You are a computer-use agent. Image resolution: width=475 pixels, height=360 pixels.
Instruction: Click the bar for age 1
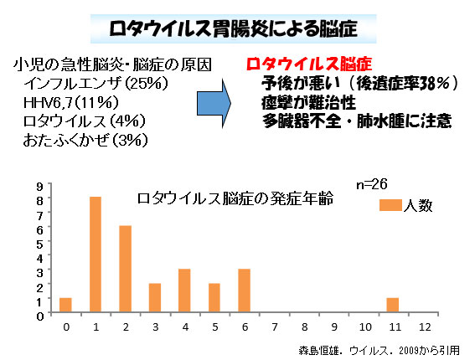tap(96, 255)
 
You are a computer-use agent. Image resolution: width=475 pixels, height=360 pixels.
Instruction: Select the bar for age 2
tap(125, 269)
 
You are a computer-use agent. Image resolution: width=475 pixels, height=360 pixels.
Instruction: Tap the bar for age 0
tap(65, 305)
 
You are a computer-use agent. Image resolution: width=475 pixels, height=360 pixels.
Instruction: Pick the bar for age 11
tap(393, 305)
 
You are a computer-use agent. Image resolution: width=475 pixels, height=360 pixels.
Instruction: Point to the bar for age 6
tap(244, 291)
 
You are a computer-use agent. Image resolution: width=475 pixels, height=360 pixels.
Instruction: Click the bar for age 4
tap(184, 291)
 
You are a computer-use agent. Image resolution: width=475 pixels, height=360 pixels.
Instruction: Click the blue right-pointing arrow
tap(214, 104)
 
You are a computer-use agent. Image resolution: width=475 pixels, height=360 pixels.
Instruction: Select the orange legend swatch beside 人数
tap(390, 205)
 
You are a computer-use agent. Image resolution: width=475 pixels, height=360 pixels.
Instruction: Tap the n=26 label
tap(372, 184)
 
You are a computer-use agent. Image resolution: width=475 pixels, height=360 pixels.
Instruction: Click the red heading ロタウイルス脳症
tap(309, 64)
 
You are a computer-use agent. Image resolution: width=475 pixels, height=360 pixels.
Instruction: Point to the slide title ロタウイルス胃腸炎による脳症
tap(233, 29)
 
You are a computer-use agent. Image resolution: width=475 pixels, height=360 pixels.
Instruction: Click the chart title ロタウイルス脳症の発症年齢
tap(235, 198)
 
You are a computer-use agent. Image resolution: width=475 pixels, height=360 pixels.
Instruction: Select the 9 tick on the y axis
tap(40, 186)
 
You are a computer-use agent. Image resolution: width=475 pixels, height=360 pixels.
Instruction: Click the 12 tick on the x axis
tap(425, 327)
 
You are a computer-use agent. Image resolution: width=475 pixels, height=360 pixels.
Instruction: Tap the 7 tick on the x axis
tap(275, 327)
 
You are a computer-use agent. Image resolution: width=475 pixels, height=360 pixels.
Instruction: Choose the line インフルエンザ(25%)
tap(96, 83)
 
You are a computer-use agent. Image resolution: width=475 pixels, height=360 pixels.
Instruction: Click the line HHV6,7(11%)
tap(71, 103)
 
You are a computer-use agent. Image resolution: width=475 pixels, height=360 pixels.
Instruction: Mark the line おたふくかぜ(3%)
tap(85, 140)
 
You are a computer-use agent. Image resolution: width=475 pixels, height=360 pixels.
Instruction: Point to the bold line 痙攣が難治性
tap(308, 103)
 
